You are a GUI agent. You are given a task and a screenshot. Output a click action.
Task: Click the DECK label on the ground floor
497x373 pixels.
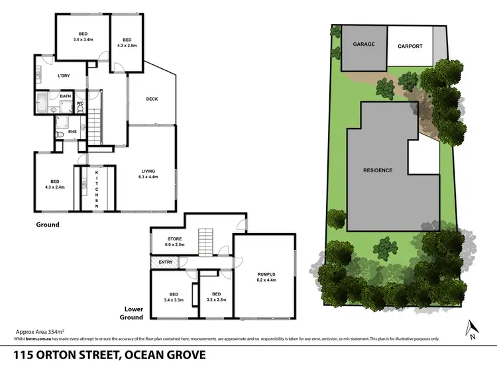point(152,99)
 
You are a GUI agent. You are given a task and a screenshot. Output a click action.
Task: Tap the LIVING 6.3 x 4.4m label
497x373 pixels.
point(148,173)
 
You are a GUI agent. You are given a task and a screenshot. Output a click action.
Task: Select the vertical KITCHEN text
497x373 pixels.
point(97,188)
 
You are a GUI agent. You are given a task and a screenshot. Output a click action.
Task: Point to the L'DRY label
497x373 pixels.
point(64,76)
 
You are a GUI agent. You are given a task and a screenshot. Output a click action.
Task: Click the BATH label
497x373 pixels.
point(66,97)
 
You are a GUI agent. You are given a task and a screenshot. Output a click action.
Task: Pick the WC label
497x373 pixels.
point(80,103)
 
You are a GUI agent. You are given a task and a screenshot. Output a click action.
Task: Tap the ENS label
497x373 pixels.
point(72,132)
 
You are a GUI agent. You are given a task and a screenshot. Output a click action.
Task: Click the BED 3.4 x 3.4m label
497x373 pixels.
point(83,36)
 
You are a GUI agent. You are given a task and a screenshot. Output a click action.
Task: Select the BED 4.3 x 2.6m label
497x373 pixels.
point(127,42)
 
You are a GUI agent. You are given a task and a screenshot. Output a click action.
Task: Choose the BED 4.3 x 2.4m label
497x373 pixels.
point(55,184)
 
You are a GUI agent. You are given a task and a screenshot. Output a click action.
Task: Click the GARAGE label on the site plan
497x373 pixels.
point(363,44)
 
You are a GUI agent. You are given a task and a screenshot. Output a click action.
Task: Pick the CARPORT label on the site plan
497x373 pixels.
point(410,46)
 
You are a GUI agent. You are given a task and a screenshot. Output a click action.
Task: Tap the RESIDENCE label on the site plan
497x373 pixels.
point(377,170)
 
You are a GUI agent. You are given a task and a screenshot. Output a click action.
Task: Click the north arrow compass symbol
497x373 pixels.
point(471,329)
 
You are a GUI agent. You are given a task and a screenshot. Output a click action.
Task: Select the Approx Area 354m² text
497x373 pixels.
point(38,331)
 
